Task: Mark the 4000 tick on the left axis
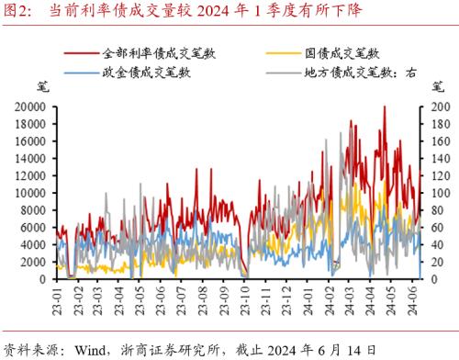[x=33, y=244]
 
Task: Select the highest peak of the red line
[x=384, y=107]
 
